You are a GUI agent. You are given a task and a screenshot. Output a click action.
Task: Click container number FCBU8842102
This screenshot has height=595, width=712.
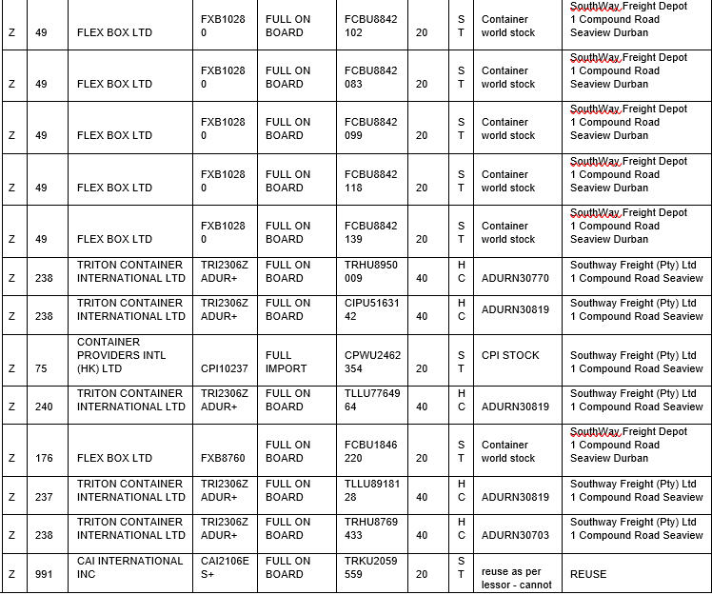pos(370,26)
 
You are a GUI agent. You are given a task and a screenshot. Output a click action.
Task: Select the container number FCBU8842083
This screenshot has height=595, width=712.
pos(370,77)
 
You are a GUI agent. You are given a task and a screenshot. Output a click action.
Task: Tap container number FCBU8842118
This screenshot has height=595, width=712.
pos(370,181)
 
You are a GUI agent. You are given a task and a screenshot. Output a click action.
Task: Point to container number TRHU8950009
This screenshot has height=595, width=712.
pos(370,271)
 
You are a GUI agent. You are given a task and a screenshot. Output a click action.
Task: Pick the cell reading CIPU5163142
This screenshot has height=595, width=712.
pos(370,309)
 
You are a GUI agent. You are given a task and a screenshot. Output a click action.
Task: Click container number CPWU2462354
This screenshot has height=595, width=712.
pos(370,362)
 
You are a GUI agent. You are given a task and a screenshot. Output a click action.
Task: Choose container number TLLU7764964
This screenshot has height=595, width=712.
pos(370,400)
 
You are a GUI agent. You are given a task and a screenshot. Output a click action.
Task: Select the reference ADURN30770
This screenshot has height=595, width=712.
pos(515,279)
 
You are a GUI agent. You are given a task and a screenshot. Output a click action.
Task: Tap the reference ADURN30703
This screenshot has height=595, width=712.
pos(515,535)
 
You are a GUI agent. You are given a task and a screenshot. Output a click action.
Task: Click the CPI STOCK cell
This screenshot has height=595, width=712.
pos(510,355)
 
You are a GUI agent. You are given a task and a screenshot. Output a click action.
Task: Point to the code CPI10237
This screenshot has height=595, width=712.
pos(225,368)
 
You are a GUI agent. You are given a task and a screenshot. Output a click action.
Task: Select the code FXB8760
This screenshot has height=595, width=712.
pos(223,458)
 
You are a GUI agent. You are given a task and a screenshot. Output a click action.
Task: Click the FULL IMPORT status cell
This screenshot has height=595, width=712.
pos(286,362)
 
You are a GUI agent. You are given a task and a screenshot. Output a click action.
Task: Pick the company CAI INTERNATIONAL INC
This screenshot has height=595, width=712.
pos(129,567)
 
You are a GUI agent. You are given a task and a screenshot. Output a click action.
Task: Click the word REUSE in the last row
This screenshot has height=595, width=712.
pos(587,574)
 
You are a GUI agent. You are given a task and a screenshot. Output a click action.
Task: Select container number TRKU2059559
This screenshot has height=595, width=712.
pos(370,567)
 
